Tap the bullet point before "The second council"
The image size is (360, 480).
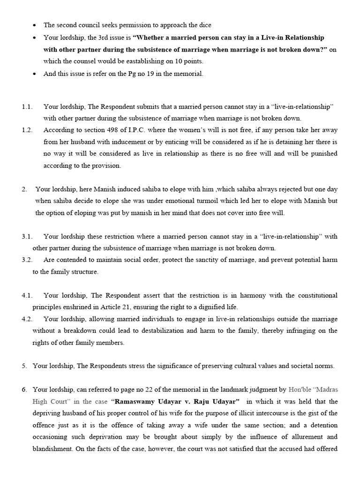35,25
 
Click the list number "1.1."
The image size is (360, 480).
27,106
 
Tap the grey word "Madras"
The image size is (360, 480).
327,390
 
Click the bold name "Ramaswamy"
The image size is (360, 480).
136,402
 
